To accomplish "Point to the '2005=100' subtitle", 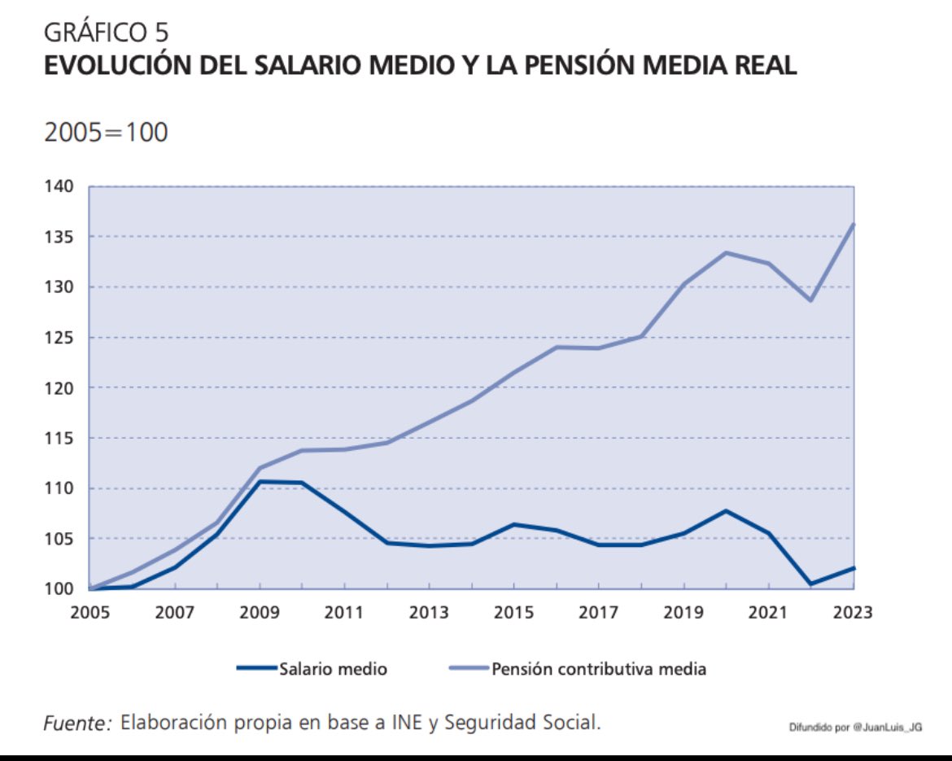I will pyautogui.click(x=106, y=132).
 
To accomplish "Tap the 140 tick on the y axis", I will pyautogui.click(x=59, y=186).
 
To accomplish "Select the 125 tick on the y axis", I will pyautogui.click(x=59, y=338).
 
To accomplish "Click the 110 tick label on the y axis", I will pyautogui.click(x=59, y=488).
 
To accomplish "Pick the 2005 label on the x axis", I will pyautogui.click(x=90, y=612).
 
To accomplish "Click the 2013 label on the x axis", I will pyautogui.click(x=429, y=612).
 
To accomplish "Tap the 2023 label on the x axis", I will pyautogui.click(x=852, y=612).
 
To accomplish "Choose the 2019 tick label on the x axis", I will pyautogui.click(x=683, y=612).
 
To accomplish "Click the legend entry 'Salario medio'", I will pyautogui.click(x=332, y=670).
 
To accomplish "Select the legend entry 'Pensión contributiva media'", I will pyautogui.click(x=598, y=670).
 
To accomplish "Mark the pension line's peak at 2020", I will pyautogui.click(x=726, y=252).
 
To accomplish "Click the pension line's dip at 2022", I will pyautogui.click(x=810, y=300).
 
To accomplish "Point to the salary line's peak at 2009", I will pyautogui.click(x=260, y=482).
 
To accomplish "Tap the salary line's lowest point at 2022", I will pyautogui.click(x=810, y=584).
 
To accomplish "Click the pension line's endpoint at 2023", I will pyautogui.click(x=853, y=225).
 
